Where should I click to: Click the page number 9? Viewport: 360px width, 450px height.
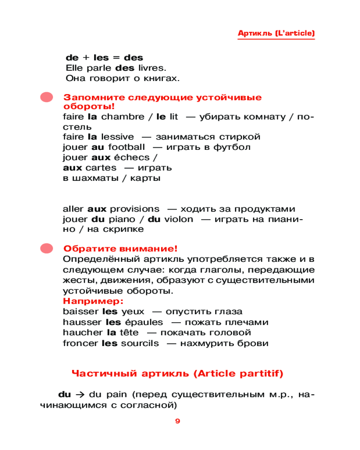pyautogui.click(x=177, y=421)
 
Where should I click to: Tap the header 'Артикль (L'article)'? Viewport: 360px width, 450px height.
pyautogui.click(x=276, y=34)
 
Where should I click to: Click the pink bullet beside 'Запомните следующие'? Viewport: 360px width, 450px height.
pyautogui.click(x=46, y=98)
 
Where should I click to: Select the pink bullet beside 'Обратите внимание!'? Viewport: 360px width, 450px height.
pyautogui.click(x=46, y=248)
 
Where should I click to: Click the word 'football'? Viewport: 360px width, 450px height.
pyautogui.click(x=126, y=147)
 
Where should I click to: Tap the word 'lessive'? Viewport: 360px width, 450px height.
pyautogui.click(x=117, y=137)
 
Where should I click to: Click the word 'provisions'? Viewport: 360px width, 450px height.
pyautogui.click(x=135, y=209)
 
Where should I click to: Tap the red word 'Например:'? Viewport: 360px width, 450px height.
pyautogui.click(x=93, y=301)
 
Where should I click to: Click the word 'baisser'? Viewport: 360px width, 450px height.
pyautogui.click(x=81, y=312)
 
